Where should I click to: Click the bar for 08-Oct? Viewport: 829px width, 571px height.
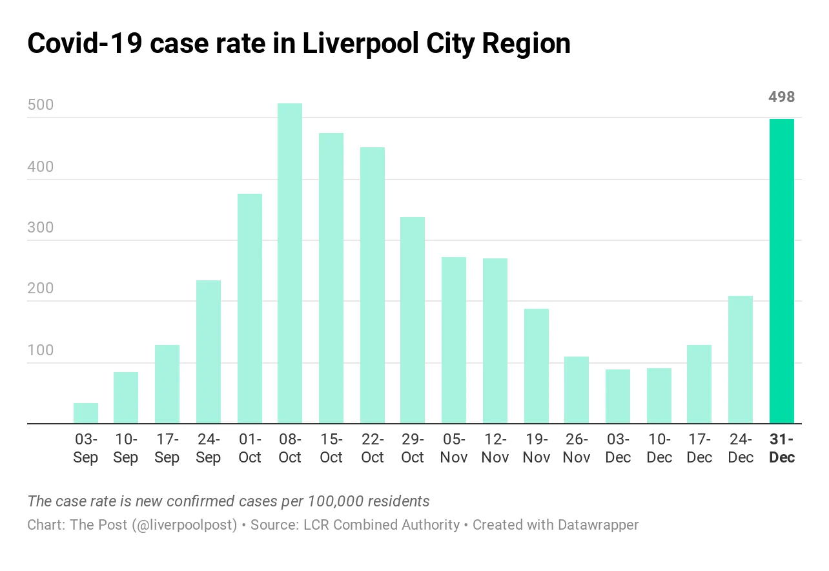(290, 264)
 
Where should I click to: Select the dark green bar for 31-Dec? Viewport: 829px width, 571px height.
(782, 271)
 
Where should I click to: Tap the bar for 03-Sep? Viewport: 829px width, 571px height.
(86, 413)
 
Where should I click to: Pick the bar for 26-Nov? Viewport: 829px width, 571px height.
(577, 390)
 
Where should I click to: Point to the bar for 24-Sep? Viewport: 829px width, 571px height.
(209, 352)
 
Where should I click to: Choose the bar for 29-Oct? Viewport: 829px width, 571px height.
(413, 320)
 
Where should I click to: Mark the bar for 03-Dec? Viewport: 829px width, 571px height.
(618, 397)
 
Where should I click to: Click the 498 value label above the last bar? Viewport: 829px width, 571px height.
(782, 98)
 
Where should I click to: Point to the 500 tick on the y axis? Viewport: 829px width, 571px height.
(41, 106)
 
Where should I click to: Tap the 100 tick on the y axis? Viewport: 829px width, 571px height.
(41, 351)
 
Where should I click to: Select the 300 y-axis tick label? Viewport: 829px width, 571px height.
(41, 228)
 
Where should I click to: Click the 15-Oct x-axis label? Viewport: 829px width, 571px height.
(331, 449)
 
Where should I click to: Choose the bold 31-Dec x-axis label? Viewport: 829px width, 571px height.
(782, 449)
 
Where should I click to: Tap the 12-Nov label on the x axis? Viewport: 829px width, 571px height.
(495, 449)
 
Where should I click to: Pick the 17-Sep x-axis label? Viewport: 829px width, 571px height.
(167, 449)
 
